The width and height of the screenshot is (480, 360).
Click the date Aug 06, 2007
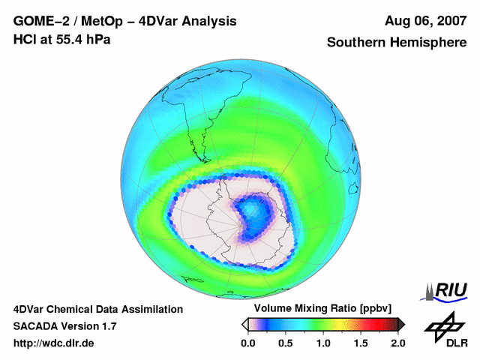[424, 21]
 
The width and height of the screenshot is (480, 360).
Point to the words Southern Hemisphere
[396, 43]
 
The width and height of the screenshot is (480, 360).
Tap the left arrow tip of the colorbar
[244, 324]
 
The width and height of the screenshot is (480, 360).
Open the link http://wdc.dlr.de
[55, 343]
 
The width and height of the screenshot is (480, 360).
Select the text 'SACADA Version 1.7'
[64, 326]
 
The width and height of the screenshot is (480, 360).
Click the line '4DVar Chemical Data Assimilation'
[97, 309]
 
